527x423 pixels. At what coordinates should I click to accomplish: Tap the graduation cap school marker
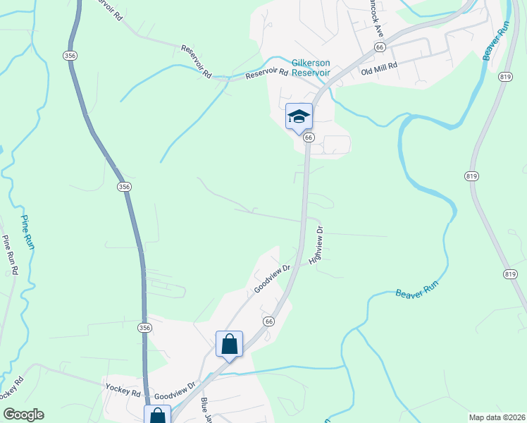point(299,116)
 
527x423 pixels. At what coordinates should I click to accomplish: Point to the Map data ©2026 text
point(497,417)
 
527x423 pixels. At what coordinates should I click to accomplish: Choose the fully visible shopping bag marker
point(229,345)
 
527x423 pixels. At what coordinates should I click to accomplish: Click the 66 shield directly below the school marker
point(309,137)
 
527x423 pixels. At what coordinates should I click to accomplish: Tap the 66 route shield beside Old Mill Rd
point(380,47)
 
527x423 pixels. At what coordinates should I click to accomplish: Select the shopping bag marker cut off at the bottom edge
point(157,415)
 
